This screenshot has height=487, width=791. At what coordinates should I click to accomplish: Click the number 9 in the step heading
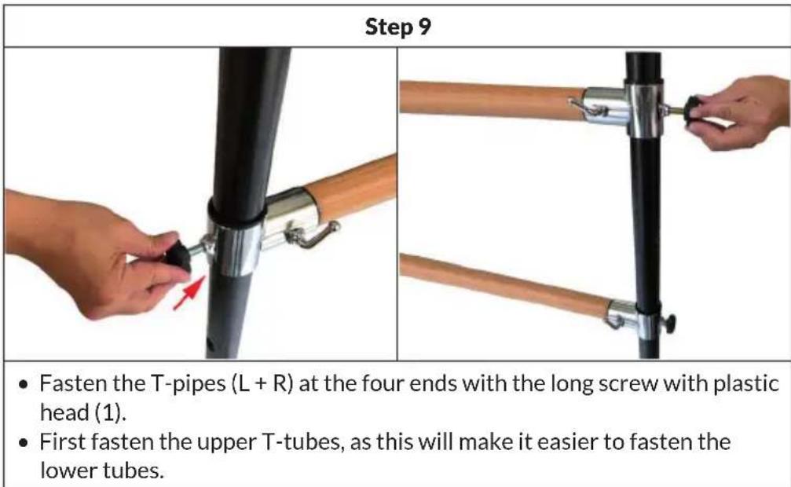click(425, 27)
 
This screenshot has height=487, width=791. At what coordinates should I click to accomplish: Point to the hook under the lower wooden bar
click(613, 322)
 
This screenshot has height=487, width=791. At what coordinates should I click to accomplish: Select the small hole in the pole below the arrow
click(210, 343)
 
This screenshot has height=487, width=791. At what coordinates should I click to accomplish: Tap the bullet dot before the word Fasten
click(24, 386)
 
